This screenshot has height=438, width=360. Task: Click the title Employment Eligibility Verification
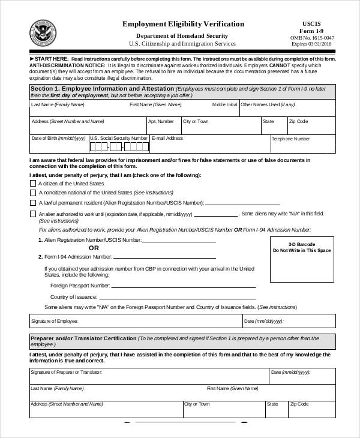(184, 24)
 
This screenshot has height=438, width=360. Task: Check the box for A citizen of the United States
(32, 183)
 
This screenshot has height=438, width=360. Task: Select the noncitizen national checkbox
(32, 193)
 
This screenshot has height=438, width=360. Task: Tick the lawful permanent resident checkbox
(32, 203)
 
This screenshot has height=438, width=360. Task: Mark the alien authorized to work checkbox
(32, 214)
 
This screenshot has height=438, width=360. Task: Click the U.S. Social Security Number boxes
(119, 146)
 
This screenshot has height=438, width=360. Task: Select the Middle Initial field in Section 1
(224, 110)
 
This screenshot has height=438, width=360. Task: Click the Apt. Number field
(163, 127)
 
